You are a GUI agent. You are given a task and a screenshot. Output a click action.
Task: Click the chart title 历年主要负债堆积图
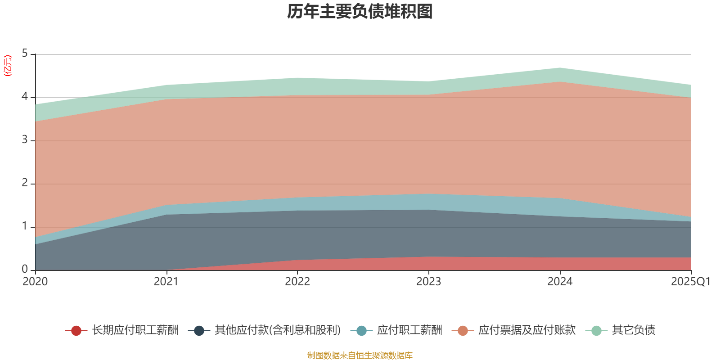(360, 12)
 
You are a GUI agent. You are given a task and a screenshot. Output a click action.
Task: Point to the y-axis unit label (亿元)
(8, 66)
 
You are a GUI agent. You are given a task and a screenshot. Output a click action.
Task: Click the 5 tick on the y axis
(25, 54)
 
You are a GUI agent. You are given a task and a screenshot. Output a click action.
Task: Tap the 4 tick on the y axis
(25, 97)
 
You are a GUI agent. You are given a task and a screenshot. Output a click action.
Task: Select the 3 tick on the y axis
(25, 140)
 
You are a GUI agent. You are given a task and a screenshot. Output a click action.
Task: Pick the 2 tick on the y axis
(25, 183)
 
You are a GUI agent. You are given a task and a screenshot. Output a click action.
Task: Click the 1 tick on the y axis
(25, 226)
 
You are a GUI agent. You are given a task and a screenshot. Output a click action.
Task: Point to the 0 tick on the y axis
(25, 269)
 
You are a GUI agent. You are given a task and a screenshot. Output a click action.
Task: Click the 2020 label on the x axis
(35, 282)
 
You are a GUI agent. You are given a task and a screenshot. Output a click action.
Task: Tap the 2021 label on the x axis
(166, 282)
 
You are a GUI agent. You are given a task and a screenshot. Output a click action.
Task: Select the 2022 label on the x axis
(297, 282)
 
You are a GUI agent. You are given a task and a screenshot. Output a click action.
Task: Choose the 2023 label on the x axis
(428, 282)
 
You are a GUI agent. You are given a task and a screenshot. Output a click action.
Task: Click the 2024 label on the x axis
(560, 282)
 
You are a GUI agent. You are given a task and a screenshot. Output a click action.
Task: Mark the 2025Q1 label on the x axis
(690, 282)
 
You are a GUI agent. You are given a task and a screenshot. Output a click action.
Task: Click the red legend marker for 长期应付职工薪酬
(76, 331)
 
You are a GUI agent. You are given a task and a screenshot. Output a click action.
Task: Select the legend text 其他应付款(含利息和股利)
(278, 330)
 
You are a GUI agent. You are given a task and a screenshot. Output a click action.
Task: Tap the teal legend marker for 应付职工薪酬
(361, 331)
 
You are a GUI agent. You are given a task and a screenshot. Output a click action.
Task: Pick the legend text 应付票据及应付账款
(526, 330)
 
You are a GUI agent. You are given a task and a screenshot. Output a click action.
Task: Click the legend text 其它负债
(633, 330)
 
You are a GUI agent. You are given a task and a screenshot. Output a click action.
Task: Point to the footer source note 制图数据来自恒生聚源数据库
(360, 355)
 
